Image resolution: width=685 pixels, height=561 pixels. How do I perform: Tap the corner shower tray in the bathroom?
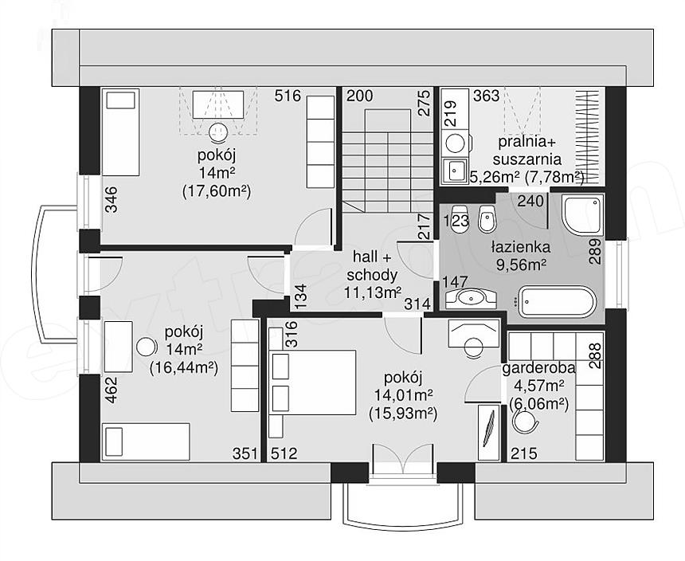coord(583,214)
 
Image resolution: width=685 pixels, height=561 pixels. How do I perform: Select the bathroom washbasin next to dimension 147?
coord(471,298)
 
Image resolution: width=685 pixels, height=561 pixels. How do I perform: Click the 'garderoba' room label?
coord(538,368)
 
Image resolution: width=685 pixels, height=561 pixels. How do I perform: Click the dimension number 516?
coord(288,96)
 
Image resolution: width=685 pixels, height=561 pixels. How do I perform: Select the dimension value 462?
coord(112,390)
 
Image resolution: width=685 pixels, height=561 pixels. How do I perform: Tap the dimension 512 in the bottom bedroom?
coord(284,453)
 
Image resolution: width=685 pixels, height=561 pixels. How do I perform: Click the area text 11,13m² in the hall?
coord(372,292)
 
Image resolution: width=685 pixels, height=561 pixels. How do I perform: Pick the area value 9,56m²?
coord(521,265)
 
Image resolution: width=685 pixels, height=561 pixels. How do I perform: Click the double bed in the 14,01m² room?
coord(313,382)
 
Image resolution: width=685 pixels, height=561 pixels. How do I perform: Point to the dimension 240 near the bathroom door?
coord(530,202)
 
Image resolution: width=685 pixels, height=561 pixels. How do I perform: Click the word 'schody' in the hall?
coord(372,275)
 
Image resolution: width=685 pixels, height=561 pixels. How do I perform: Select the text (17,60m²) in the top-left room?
coord(216,191)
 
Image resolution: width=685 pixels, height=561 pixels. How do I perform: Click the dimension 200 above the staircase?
coord(359,96)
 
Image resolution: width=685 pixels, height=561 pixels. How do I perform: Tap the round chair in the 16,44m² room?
coord(147,347)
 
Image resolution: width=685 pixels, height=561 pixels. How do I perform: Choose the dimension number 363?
coord(486,96)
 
